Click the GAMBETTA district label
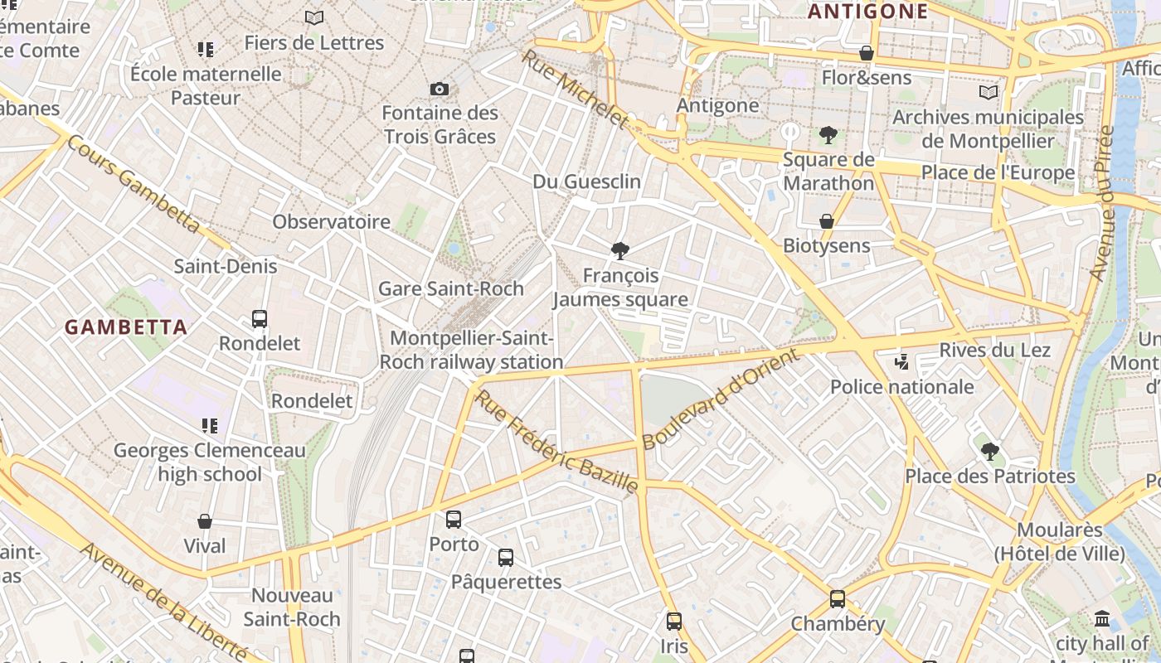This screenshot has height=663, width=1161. pos(126,327)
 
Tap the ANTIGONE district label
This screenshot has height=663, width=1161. pos(867,11)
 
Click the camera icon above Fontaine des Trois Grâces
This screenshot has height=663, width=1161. pos(440,89)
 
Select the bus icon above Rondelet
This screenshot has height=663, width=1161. pos(260,318)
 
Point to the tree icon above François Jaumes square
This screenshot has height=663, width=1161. pos(619,251)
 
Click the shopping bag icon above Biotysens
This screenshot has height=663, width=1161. pos(827,221)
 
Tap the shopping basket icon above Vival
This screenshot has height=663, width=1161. pos(205,521)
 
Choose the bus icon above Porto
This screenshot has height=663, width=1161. pos(454,520)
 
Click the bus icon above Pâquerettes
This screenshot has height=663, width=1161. pos(506,558)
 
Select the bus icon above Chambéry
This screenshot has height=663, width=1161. pos(838,599)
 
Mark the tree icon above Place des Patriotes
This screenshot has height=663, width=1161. pos(989,452)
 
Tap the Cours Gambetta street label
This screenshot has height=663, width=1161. pos(133,184)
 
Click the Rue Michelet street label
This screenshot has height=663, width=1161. pos(576,89)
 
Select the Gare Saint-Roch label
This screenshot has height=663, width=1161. pos(451,288)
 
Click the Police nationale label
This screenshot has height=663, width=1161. pos(902,386)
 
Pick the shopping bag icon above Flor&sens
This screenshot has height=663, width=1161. pos(867,54)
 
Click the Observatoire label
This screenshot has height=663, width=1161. pos(332,221)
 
